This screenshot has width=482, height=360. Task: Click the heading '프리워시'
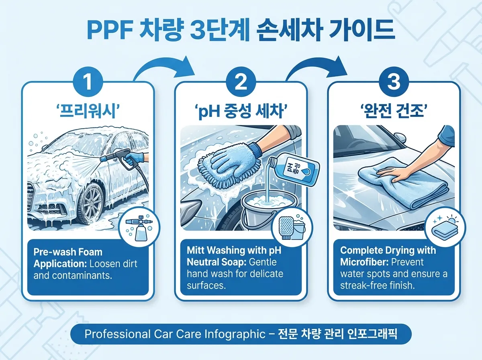point(88,110)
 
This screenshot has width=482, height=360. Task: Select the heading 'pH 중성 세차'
point(241,110)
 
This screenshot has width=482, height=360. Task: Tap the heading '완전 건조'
point(394,110)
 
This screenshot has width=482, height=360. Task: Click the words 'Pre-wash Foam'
point(68,252)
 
